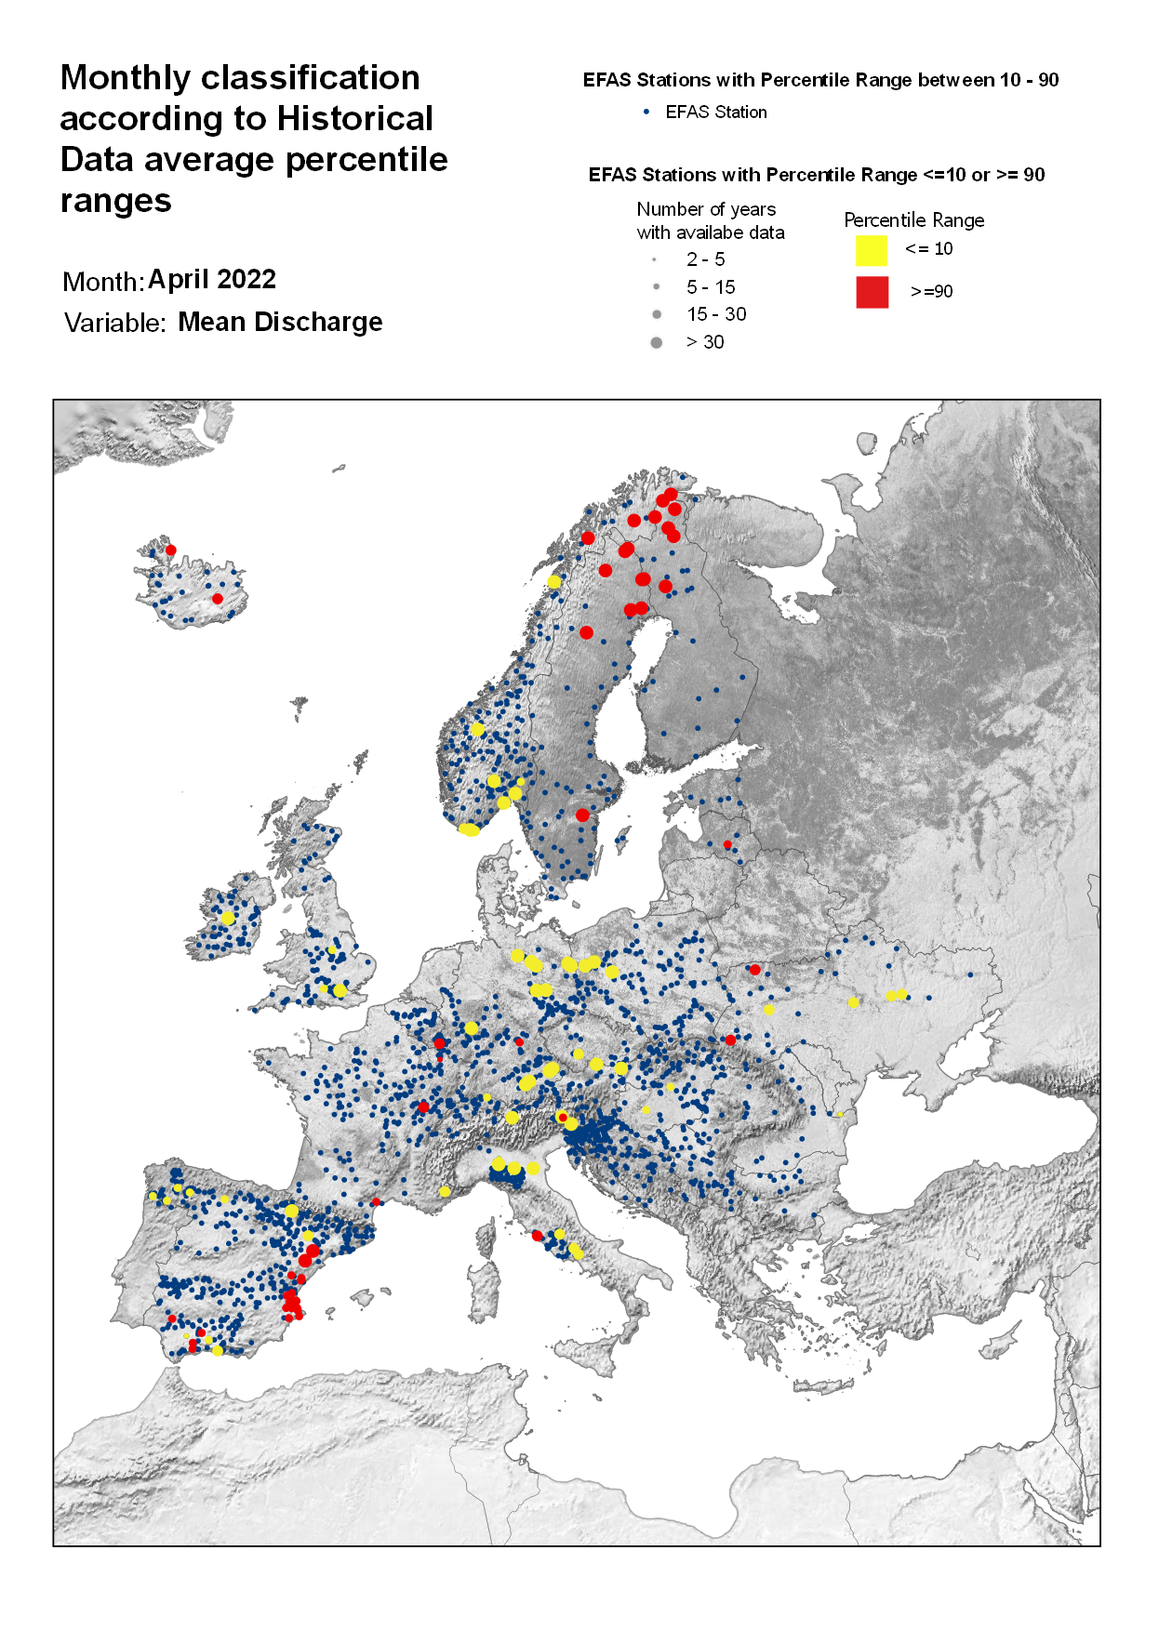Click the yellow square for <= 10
(871, 250)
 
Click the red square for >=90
(872, 292)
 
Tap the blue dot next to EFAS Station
(646, 112)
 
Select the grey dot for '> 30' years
(656, 343)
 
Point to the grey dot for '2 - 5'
(655, 259)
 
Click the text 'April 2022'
(211, 279)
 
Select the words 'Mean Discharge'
(280, 322)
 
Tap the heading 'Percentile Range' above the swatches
(913, 220)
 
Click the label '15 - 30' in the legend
(715, 314)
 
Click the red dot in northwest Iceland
(170, 550)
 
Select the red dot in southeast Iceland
(217, 599)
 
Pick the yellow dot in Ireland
(228, 918)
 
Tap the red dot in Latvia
(727, 844)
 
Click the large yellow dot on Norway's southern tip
(470, 828)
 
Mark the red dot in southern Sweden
(582, 815)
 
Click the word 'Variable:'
(114, 324)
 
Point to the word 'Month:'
(102, 282)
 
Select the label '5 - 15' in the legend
(711, 287)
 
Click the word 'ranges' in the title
(115, 201)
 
